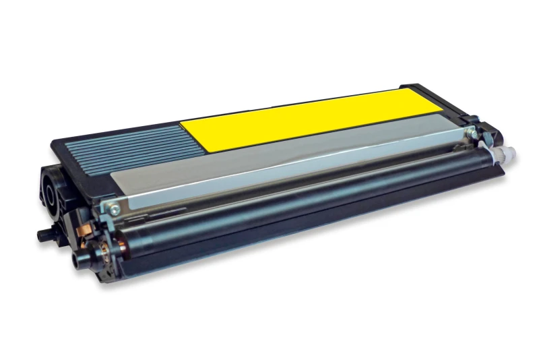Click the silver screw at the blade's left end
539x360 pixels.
115,208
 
